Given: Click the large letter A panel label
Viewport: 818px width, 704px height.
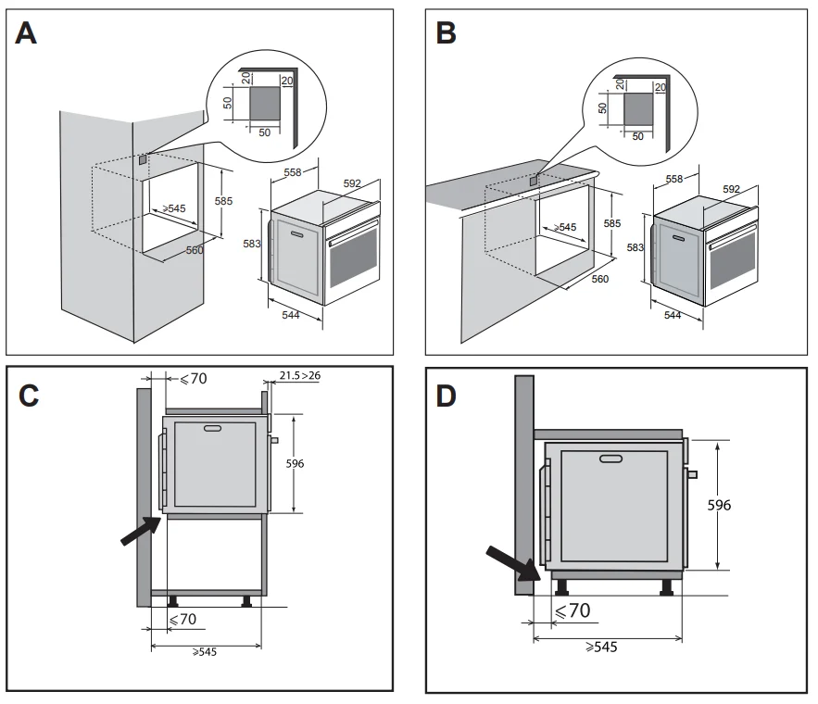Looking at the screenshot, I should coord(28,33).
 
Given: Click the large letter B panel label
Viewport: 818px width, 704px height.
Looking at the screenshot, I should coord(446,33).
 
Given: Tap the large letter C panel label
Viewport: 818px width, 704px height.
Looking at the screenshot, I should coord(29,395).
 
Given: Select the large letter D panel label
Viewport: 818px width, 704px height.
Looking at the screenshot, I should coord(447,396).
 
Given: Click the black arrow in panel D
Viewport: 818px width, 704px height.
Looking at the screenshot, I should coord(514,561).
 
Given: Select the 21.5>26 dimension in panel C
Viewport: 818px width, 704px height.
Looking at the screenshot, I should coord(299,375).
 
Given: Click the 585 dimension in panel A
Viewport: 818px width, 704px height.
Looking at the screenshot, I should coord(223,201).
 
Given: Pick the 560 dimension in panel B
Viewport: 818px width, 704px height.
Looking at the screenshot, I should coord(600,278).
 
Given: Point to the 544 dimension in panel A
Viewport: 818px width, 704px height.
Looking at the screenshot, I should coord(294,315).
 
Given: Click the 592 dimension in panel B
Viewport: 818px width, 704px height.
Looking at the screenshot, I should coord(732,189).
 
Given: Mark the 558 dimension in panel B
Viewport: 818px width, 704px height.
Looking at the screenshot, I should coord(674,179).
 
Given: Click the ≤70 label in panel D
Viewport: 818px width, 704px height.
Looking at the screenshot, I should coord(571,610).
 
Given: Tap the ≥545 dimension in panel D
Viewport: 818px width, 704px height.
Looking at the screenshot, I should coord(600,647).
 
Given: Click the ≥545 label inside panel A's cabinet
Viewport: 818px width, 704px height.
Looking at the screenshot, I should coord(174,209).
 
